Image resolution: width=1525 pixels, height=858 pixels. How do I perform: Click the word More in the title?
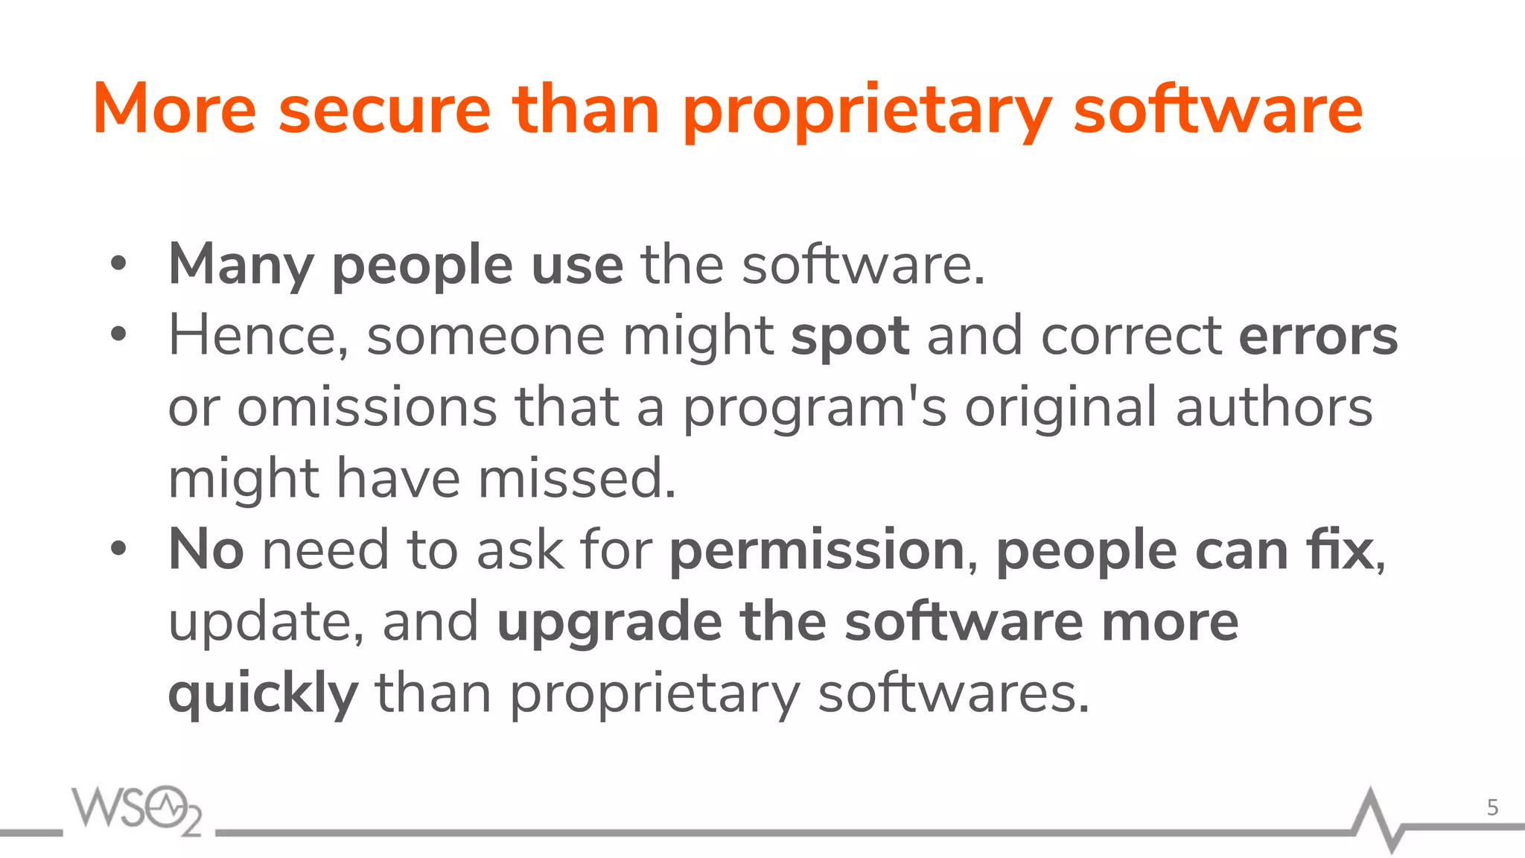tap(175, 110)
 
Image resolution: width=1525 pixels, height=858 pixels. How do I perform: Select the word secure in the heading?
tap(384, 110)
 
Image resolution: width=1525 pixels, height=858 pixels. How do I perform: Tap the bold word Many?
tap(241, 265)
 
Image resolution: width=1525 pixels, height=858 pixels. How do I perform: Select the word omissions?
tap(367, 407)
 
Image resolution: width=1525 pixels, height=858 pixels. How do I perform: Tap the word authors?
tap(1274, 407)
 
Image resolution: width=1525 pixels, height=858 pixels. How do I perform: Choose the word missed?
tap(576, 478)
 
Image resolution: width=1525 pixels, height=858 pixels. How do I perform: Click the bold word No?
tap(206, 550)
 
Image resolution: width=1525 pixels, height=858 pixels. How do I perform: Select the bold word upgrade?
tap(609, 623)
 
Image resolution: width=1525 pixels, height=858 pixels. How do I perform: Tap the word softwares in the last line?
tap(953, 693)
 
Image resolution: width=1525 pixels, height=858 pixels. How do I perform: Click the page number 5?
tap(1492, 807)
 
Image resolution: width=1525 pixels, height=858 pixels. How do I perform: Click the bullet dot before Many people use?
tap(118, 264)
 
